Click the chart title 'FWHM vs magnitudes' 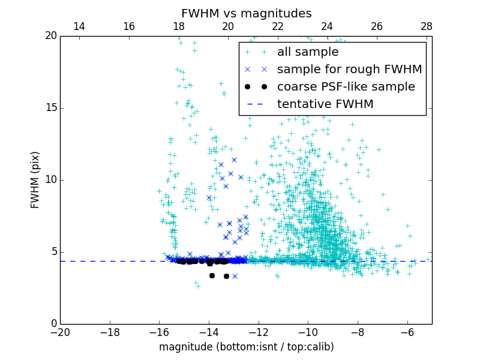click(246, 13)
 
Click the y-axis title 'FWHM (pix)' click(35, 180)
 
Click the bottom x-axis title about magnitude click(246, 347)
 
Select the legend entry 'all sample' click(308, 52)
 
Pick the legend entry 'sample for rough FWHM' click(349, 69)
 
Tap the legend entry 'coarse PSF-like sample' click(346, 86)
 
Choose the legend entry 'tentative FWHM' click(325, 104)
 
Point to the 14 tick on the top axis click(79, 26)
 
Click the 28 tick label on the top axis click(427, 26)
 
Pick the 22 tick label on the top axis click(278, 26)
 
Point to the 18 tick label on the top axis click(178, 26)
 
